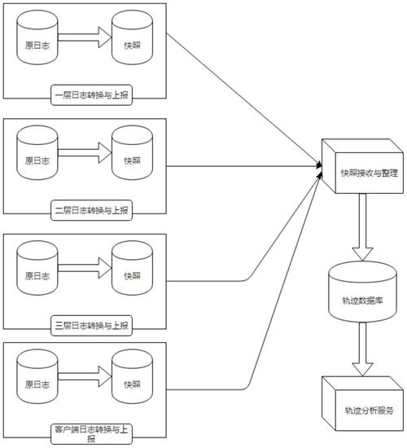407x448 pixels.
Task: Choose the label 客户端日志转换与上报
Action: (x=85, y=433)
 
